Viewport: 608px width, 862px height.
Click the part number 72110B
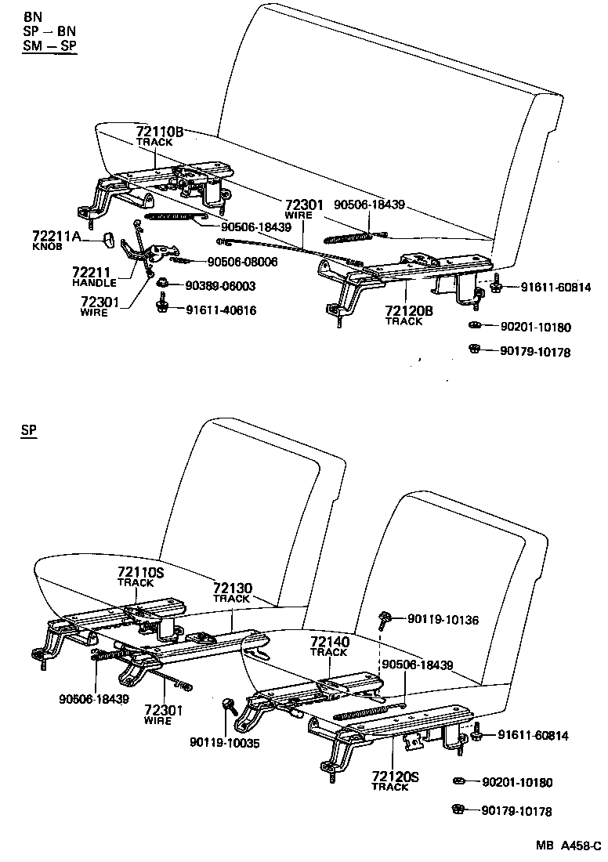159,132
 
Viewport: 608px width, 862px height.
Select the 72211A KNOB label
56,240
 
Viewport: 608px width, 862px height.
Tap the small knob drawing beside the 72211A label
109,237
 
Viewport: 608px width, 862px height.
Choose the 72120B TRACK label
409,315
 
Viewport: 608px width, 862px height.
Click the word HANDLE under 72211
93,282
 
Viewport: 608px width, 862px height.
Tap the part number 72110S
140,573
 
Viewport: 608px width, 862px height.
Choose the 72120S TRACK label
396,781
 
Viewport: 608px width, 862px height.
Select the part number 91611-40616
221,310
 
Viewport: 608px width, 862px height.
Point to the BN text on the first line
33,16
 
